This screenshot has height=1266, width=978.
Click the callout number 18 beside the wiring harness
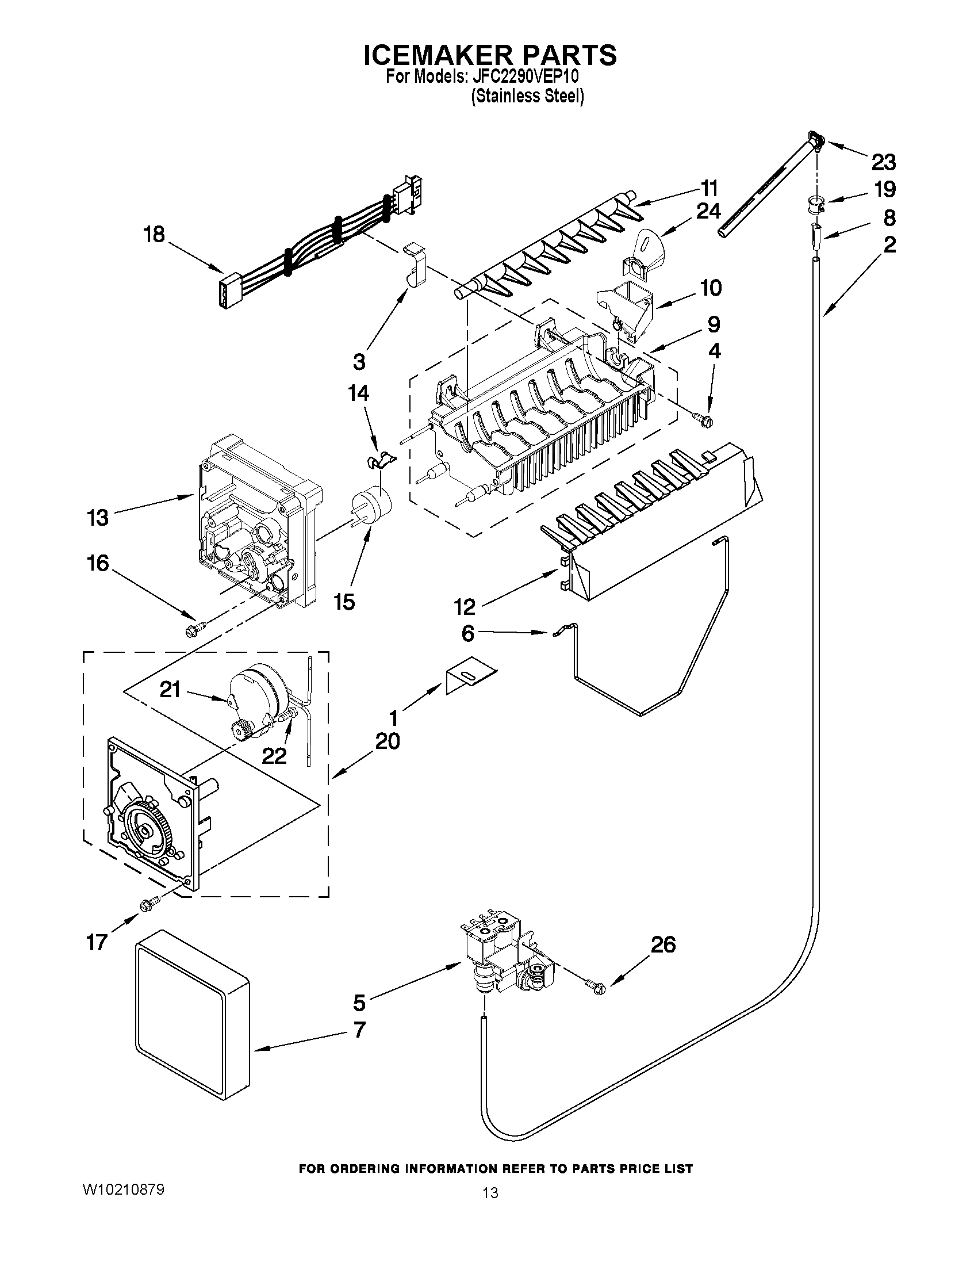click(x=154, y=235)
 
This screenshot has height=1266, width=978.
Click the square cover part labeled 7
click(x=191, y=1026)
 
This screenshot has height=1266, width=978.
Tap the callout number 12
click(x=465, y=606)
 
